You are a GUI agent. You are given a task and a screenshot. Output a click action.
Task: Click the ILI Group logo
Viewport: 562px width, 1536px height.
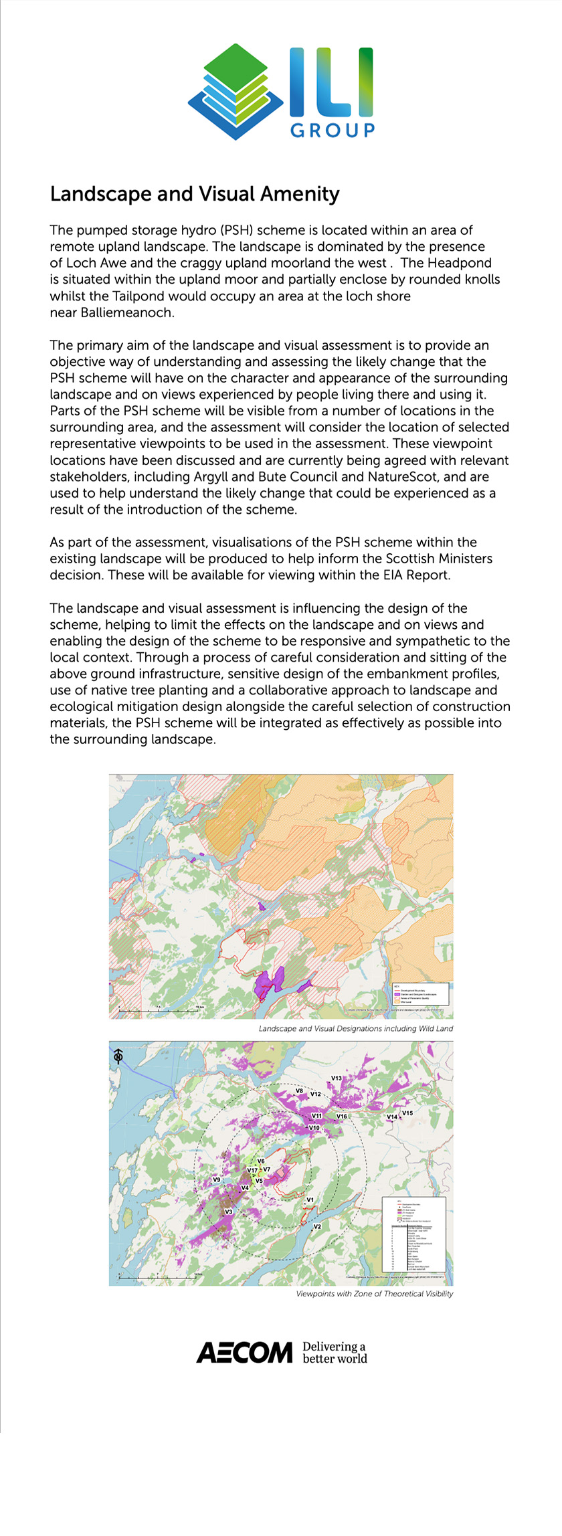point(281,92)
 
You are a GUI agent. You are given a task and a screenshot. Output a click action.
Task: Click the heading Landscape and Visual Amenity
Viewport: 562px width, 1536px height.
point(195,194)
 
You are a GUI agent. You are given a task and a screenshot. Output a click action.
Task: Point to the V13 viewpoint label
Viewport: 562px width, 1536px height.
point(337,1078)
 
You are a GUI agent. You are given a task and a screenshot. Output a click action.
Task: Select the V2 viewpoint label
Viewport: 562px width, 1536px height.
point(318,1226)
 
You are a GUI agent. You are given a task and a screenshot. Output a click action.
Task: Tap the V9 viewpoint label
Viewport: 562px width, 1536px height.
point(217,1179)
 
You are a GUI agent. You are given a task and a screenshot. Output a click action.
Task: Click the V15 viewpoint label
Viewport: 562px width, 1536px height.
point(407,1113)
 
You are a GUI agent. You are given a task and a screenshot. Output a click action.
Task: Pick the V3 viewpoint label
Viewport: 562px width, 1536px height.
point(228,1212)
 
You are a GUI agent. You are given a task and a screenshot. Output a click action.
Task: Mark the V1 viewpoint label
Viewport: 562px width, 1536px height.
point(310,1200)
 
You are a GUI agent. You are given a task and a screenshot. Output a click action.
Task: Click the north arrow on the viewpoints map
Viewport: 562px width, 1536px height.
point(118,1056)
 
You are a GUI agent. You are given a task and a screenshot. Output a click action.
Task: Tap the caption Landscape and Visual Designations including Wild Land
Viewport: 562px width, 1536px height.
point(355,1028)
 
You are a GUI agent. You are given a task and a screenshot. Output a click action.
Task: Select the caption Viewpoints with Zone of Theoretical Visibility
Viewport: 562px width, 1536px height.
point(374,1293)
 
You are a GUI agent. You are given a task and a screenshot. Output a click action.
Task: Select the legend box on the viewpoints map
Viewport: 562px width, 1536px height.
point(413,1234)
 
